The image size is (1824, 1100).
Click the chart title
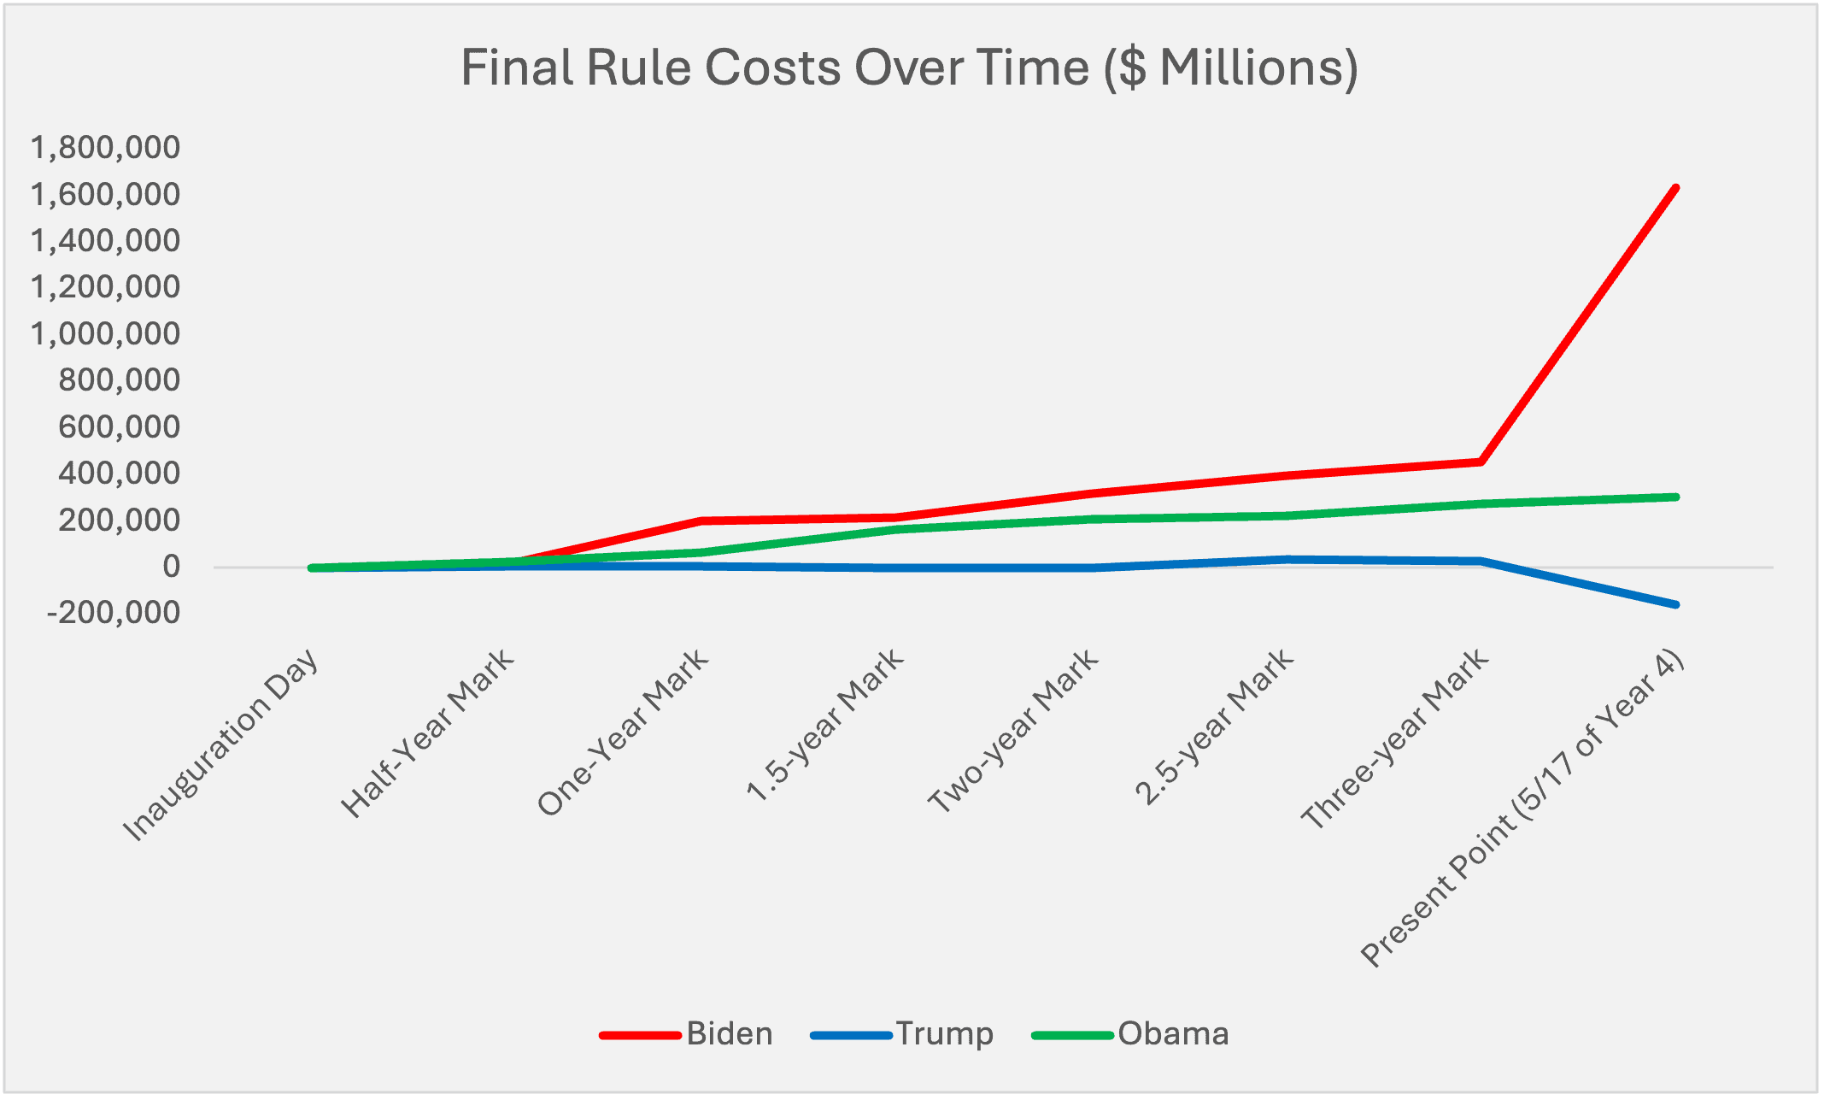pos(909,68)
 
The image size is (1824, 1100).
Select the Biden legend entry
pos(729,1034)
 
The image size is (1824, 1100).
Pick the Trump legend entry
pos(944,1034)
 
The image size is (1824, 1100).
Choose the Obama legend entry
pos(1173,1034)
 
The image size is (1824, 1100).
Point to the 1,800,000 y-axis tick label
pos(106,148)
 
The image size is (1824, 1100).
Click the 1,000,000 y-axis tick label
pos(106,333)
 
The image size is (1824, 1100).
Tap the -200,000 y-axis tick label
pos(114,613)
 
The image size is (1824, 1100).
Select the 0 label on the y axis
pos(172,567)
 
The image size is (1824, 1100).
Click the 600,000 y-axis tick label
pos(120,426)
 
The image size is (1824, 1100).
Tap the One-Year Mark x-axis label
pos(625,732)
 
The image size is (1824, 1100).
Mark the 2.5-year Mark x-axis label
pos(1215,728)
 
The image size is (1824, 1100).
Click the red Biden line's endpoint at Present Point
pos(1675,188)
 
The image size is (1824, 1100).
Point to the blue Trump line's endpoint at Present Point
pos(1675,604)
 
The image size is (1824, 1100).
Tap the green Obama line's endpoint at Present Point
pos(1675,497)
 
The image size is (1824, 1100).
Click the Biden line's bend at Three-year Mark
pos(1481,462)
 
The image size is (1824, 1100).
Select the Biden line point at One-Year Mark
pos(701,521)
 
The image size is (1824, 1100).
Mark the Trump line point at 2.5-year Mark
pos(1286,559)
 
